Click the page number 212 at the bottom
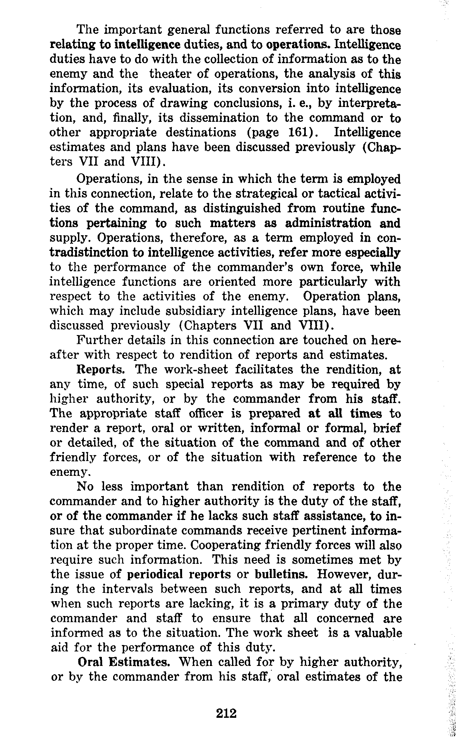[227, 713]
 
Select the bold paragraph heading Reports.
[101, 369]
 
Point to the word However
[345, 574]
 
